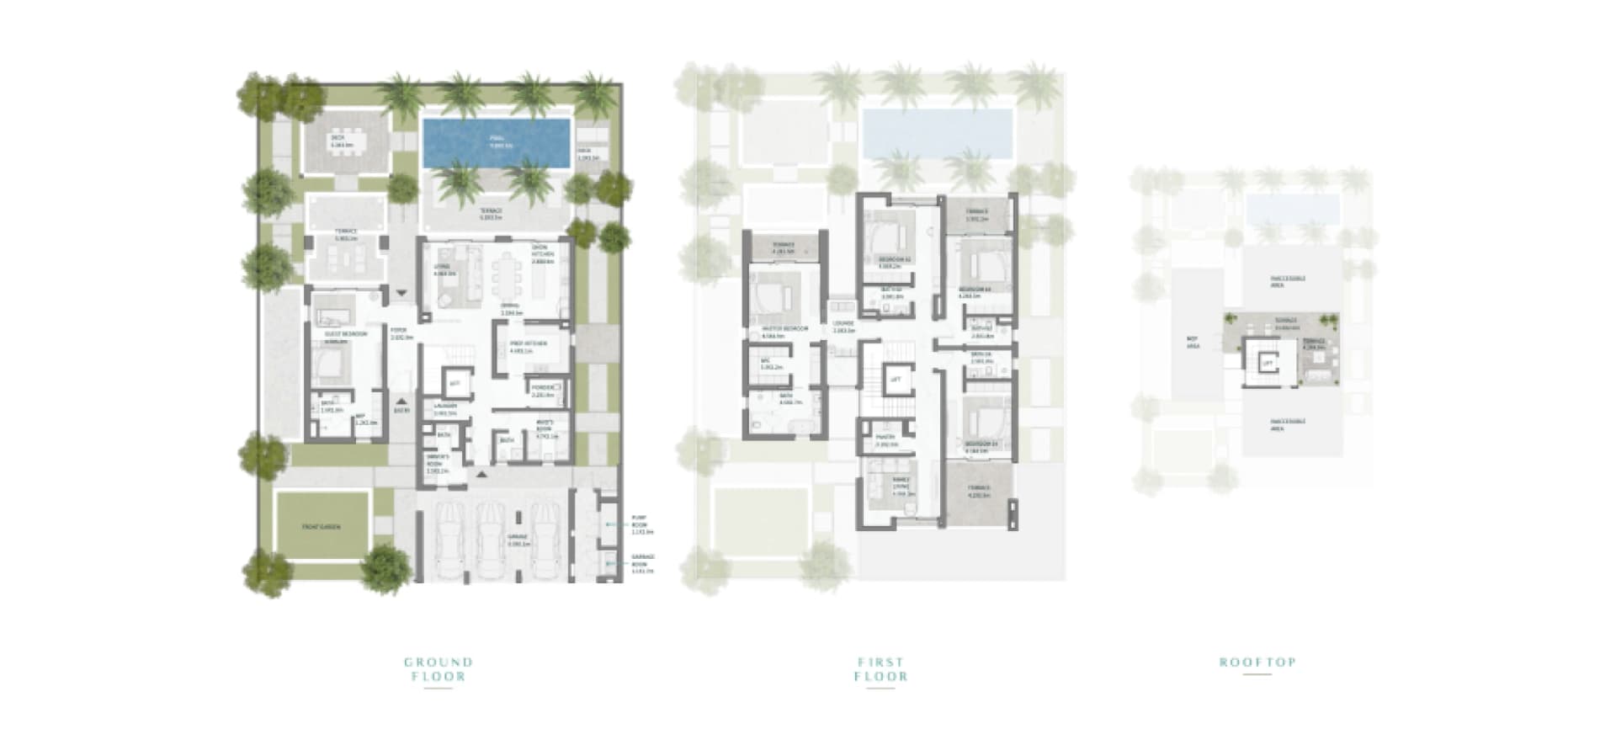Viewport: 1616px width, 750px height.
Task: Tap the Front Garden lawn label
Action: pyautogui.click(x=322, y=527)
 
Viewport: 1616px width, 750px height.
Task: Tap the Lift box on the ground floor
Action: pyautogui.click(x=454, y=384)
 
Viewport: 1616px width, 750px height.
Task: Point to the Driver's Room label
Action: pyautogui.click(x=438, y=464)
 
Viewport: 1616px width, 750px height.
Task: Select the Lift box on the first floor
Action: pyautogui.click(x=896, y=380)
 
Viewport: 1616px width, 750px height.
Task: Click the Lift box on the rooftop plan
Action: pyautogui.click(x=1267, y=364)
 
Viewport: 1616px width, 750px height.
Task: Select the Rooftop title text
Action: pyautogui.click(x=1257, y=662)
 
